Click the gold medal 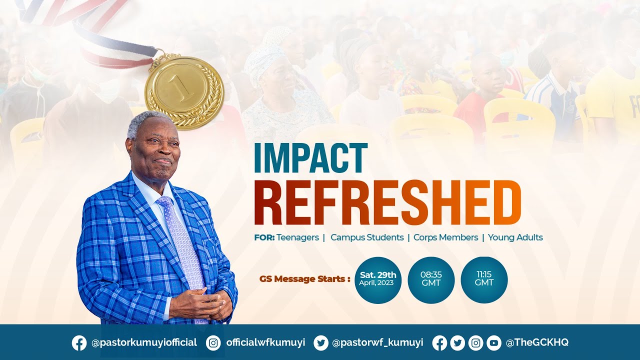click(184, 92)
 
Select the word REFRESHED click(387, 203)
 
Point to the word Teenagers click(297, 237)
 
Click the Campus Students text click(367, 237)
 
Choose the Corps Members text click(445, 237)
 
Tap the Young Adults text click(515, 237)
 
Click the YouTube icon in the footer click(493, 343)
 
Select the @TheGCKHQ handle click(537, 343)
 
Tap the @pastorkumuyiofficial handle click(144, 343)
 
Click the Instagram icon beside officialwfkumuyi click(213, 343)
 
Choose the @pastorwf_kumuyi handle click(377, 343)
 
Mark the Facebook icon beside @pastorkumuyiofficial click(79, 343)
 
